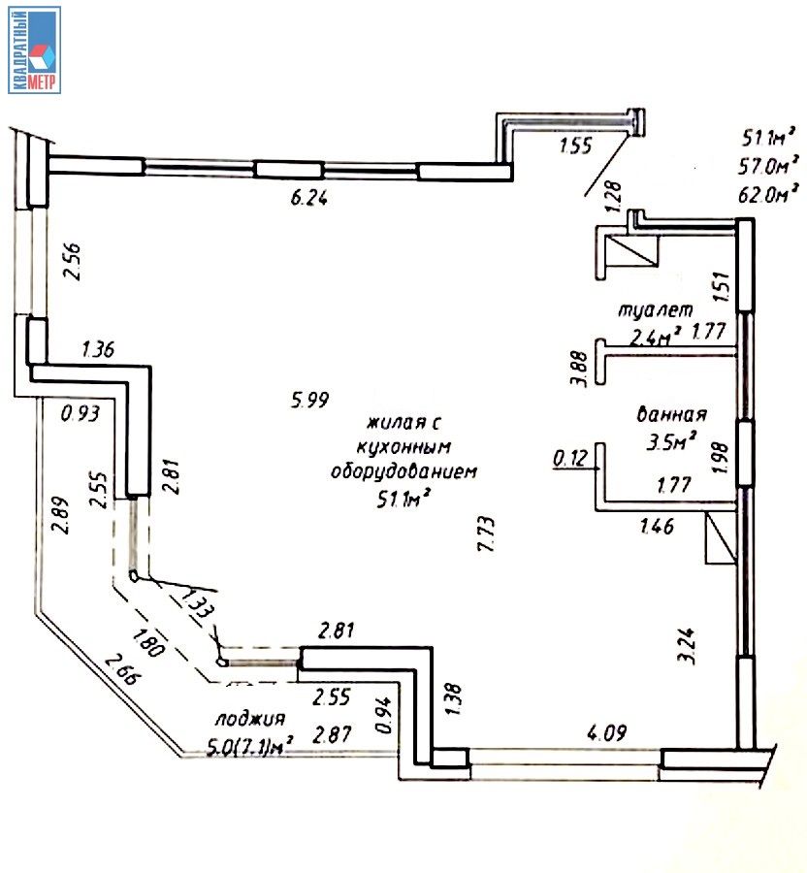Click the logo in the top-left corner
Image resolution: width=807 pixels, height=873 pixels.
coord(35,49)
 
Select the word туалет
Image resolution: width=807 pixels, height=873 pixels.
coord(656,311)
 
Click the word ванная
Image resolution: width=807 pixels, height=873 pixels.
coord(670,414)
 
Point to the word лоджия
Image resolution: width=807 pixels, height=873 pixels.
coord(250,719)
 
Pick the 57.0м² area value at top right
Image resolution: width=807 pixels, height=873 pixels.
coord(768,165)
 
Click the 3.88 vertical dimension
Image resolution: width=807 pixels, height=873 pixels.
coord(579,369)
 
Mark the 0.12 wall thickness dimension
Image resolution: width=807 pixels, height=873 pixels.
coord(569,456)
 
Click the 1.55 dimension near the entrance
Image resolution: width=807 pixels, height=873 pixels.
coord(576,147)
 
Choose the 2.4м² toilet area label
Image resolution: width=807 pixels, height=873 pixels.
coord(654,337)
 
